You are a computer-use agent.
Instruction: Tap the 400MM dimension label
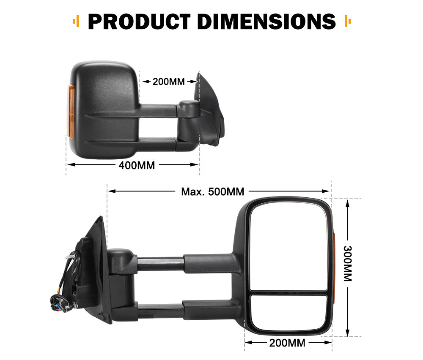tap(137, 165)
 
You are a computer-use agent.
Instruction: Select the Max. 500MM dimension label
tap(213, 191)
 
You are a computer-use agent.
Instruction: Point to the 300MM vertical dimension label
tap(347, 264)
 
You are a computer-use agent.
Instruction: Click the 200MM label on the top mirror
tap(168, 82)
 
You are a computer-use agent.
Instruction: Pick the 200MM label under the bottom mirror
tap(287, 343)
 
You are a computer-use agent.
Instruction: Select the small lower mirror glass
tap(288, 312)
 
